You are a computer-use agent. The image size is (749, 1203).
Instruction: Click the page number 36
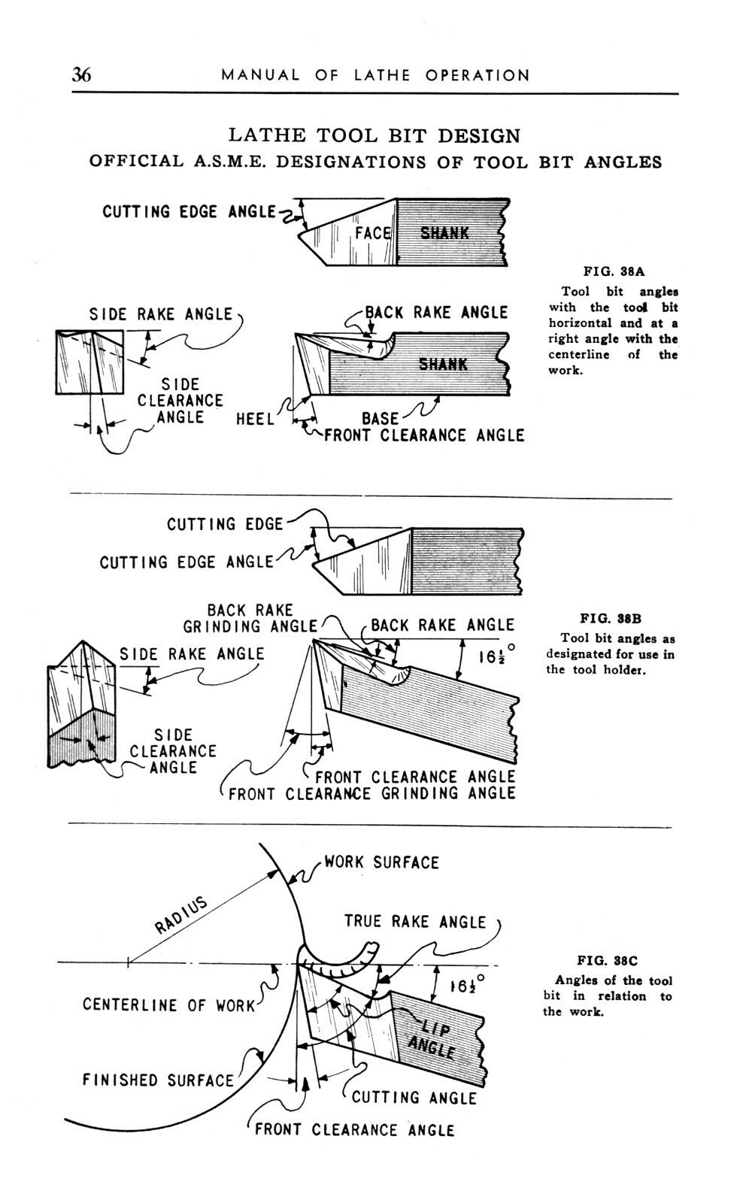click(81, 74)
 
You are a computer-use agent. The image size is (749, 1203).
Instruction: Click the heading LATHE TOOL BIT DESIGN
click(374, 136)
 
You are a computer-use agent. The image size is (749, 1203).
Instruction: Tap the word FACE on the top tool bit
click(372, 233)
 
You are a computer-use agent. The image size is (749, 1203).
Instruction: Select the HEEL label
click(255, 419)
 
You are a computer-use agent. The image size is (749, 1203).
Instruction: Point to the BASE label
click(380, 419)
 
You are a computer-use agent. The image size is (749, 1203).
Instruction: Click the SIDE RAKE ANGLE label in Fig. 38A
click(161, 314)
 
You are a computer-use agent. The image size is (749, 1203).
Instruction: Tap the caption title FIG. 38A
click(614, 272)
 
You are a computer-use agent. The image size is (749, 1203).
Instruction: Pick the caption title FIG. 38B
click(611, 620)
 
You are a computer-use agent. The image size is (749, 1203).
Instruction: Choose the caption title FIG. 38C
click(608, 960)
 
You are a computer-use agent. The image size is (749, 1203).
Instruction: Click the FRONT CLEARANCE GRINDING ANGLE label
click(371, 794)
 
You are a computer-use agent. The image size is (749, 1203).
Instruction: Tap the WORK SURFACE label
click(381, 862)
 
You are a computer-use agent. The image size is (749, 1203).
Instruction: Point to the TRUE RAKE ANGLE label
click(415, 922)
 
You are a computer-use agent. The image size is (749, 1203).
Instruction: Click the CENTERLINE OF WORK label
click(169, 1005)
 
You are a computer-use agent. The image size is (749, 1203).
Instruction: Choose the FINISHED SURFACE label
click(158, 1080)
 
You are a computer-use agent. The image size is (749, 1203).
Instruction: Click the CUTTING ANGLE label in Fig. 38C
click(414, 1098)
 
